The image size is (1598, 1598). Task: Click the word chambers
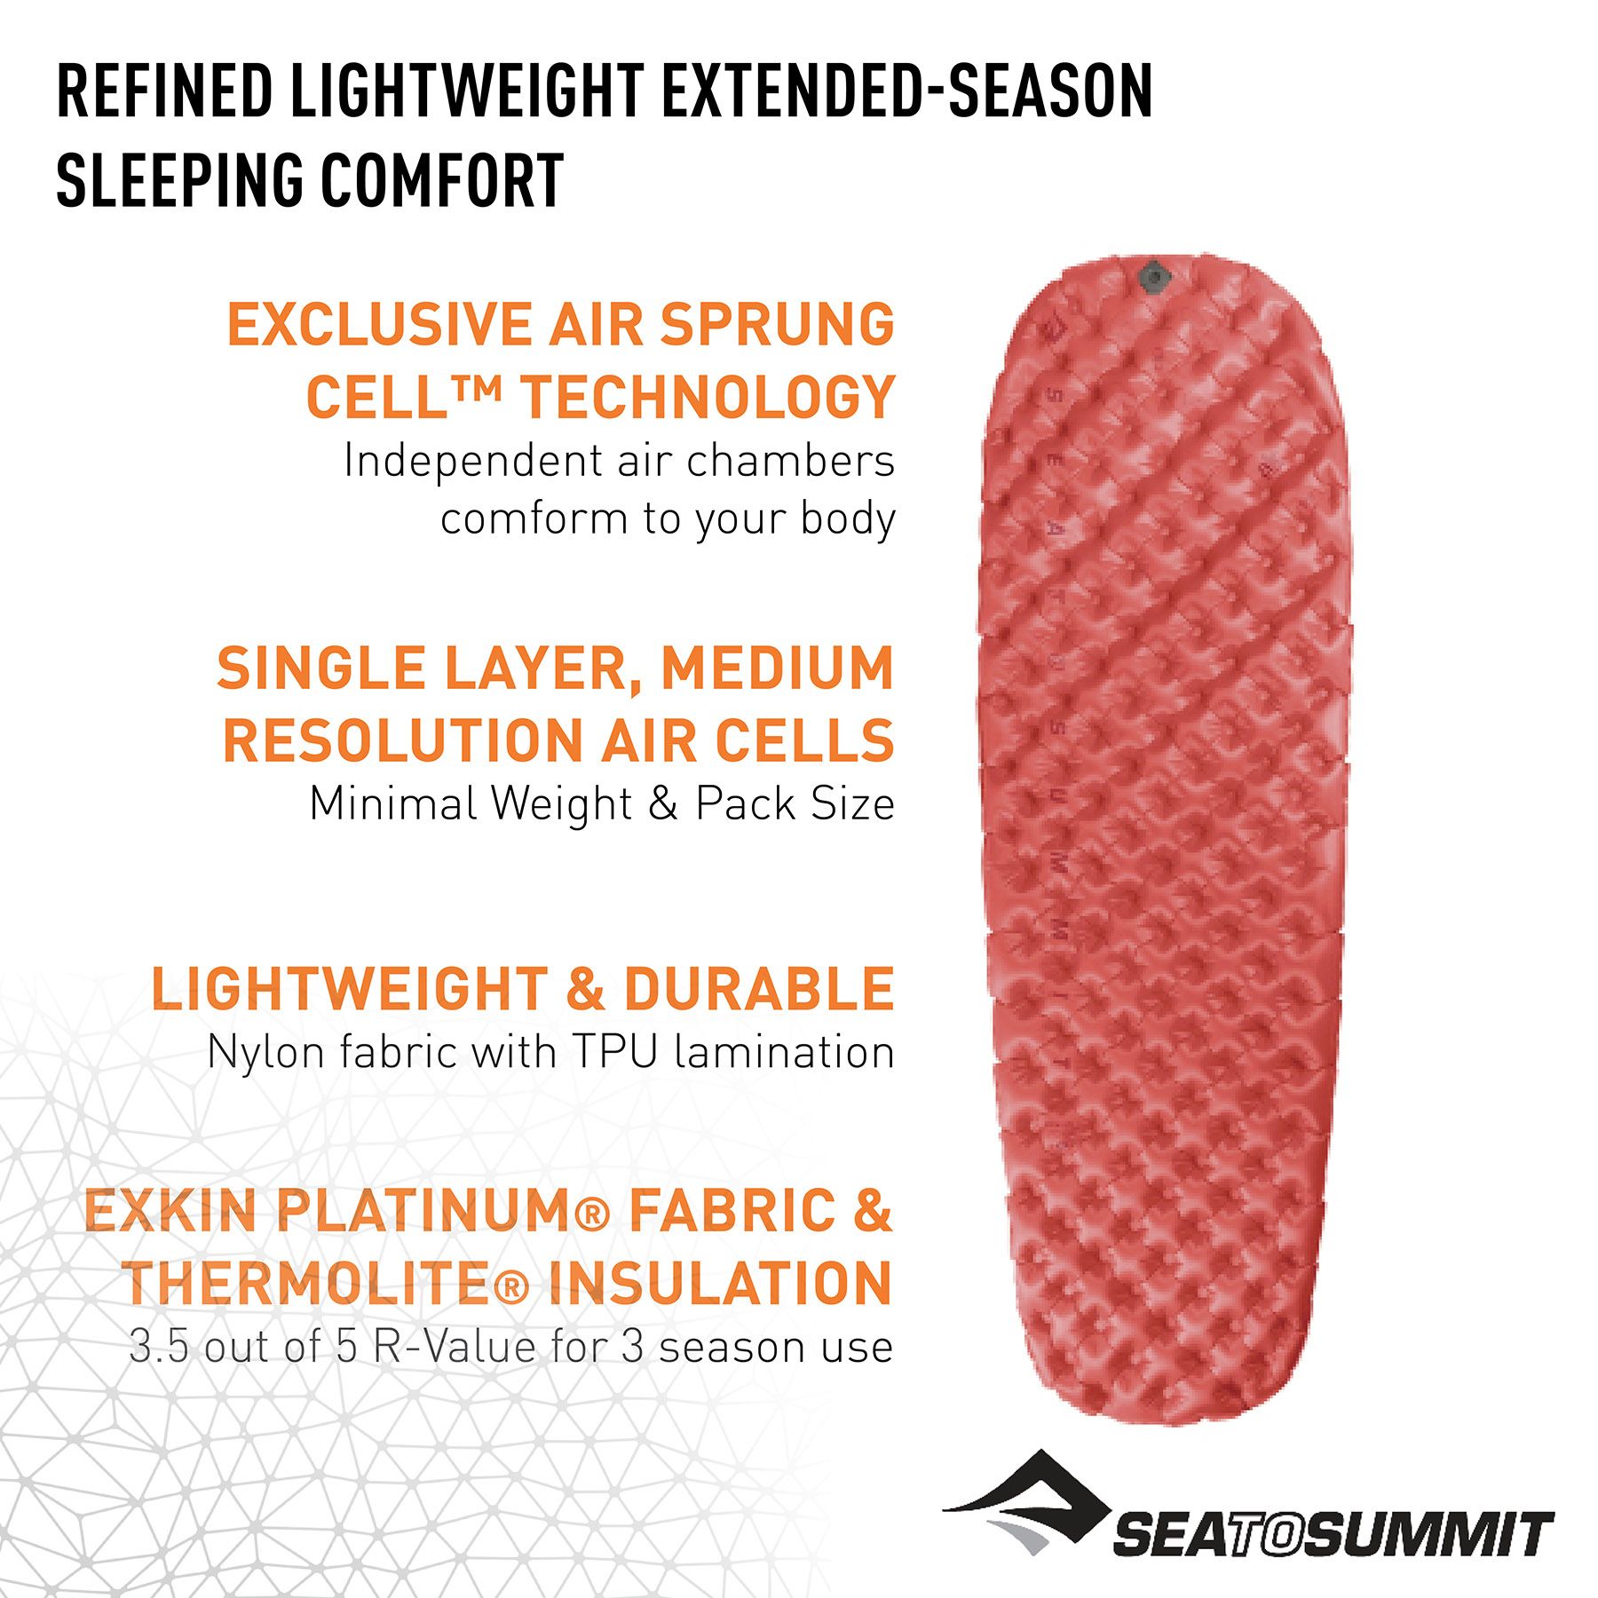[790, 461]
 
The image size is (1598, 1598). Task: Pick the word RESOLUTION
[402, 740]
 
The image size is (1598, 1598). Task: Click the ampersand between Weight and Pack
[662, 804]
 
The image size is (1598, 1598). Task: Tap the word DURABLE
[759, 989]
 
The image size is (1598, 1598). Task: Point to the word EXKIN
[170, 1211]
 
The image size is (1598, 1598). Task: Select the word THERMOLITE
[307, 1284]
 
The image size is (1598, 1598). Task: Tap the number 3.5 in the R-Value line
[160, 1348]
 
